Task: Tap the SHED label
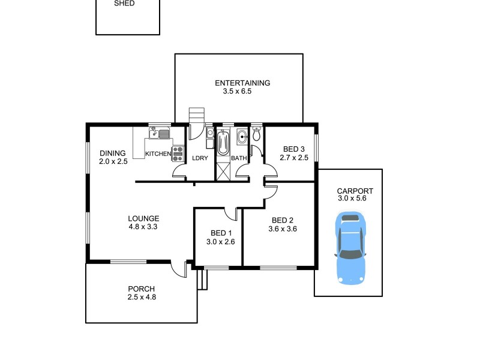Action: pos(124,3)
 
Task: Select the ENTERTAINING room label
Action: pos(242,83)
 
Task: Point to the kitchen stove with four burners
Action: pos(178,152)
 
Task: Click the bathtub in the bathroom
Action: pos(224,143)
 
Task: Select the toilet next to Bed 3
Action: pos(257,134)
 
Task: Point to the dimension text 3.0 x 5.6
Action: pos(352,199)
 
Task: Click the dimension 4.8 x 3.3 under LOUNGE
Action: pos(143,227)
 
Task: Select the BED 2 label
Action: pos(283,220)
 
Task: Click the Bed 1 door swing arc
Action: pos(231,214)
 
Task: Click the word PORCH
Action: pos(141,289)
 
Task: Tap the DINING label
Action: pos(113,153)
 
